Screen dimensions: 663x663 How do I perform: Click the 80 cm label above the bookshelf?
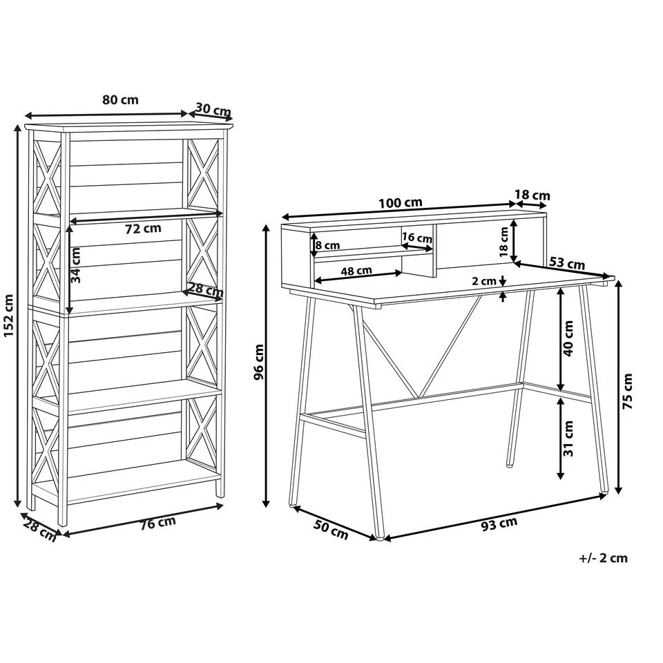pos(120,99)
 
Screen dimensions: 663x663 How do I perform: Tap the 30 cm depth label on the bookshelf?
pos(212,109)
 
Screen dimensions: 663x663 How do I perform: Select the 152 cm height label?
pos(9,316)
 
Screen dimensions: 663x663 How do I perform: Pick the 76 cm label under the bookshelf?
pos(157,523)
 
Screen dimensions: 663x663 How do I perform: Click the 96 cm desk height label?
pos(259,363)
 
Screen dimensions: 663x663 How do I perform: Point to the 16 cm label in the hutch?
pos(416,238)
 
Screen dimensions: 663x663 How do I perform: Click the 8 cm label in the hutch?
pos(327,245)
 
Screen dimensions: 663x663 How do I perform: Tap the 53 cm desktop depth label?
pos(566,263)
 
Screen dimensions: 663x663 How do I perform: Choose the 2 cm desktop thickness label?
pos(483,281)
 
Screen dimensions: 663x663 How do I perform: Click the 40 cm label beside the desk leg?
pos(568,338)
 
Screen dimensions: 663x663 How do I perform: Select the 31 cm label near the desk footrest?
pos(568,439)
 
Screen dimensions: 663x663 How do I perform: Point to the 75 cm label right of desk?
pos(627,392)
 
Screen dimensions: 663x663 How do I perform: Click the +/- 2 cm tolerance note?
pos(603,558)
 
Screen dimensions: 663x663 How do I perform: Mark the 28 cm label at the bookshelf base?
pos(39,530)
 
